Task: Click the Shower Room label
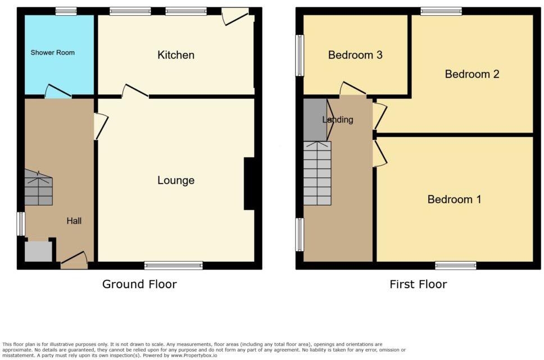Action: click(52, 53)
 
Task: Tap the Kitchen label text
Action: click(176, 55)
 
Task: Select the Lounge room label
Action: click(176, 180)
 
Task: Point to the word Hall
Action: click(74, 221)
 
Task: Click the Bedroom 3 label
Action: click(355, 55)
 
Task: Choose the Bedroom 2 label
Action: click(472, 74)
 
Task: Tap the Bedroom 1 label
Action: click(454, 199)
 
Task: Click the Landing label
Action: click(338, 120)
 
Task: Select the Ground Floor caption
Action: click(139, 284)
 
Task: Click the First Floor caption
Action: click(418, 284)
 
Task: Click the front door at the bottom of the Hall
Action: click(74, 259)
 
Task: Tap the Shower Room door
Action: click(58, 92)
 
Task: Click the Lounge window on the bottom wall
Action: click(174, 265)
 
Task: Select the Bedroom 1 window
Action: click(456, 265)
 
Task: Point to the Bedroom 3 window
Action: click(300, 55)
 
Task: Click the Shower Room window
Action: click(66, 11)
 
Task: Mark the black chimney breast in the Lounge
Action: click(250, 184)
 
